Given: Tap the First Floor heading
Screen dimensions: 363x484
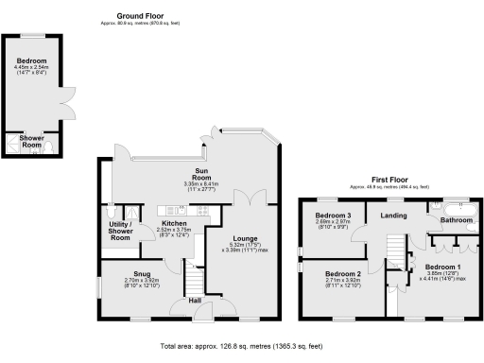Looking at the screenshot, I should pyautogui.click(x=389, y=180).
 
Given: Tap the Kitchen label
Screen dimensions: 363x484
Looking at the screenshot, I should pyautogui.click(x=173, y=223).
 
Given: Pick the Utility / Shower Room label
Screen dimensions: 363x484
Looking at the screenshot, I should pyautogui.click(x=119, y=231).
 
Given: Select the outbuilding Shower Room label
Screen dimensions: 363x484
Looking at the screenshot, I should pyautogui.click(x=31, y=141).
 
